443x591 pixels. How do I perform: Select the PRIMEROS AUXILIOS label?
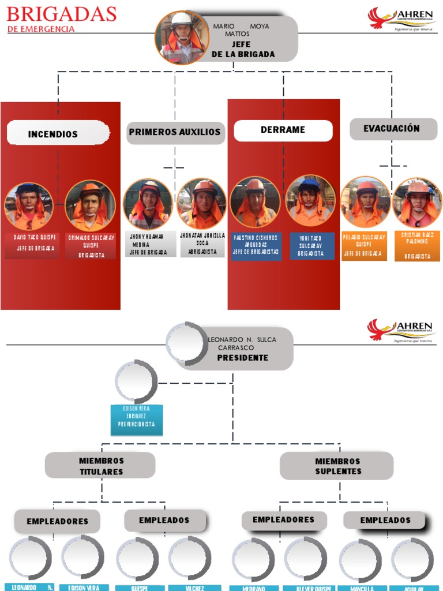(x=175, y=132)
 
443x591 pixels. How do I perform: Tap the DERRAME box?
(x=283, y=130)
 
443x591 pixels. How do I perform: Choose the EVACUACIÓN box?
(x=393, y=129)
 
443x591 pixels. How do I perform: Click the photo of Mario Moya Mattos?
(x=182, y=38)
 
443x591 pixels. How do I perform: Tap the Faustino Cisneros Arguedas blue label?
(x=256, y=245)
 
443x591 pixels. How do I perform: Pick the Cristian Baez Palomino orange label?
(x=417, y=245)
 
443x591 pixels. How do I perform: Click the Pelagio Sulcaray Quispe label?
(x=364, y=245)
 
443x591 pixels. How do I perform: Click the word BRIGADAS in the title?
(x=61, y=14)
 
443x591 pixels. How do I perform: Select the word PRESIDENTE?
(x=242, y=358)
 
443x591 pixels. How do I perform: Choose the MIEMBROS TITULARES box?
(x=100, y=466)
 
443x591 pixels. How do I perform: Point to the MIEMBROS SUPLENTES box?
(x=337, y=466)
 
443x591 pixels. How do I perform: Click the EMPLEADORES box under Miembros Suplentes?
(x=283, y=520)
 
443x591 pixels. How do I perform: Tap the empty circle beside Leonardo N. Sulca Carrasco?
(x=187, y=344)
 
